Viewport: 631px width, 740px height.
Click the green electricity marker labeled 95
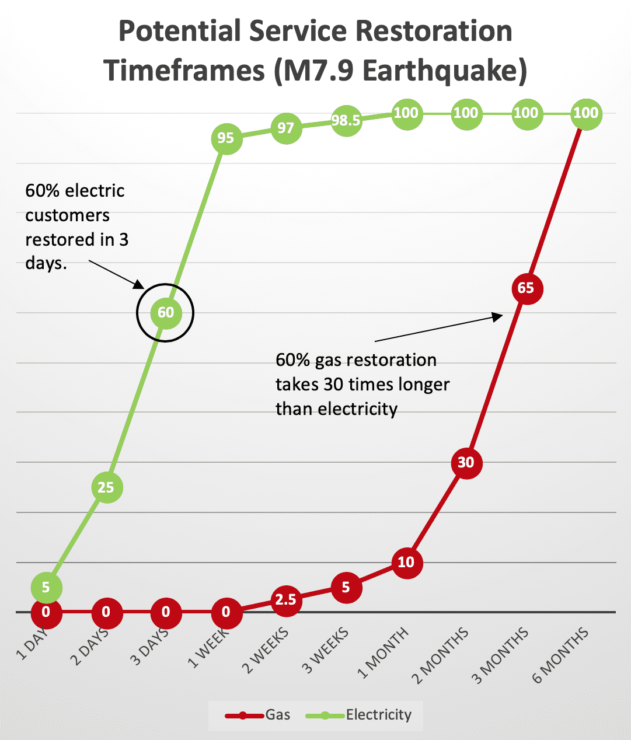(226, 138)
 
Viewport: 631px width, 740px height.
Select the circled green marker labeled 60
(166, 313)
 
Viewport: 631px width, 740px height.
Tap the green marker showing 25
(106, 487)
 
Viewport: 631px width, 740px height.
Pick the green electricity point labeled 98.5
(346, 121)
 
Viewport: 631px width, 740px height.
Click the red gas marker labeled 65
(527, 288)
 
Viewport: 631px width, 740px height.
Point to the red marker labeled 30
(466, 463)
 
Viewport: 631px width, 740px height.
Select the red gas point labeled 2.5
(286, 600)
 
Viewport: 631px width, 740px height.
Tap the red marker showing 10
(406, 563)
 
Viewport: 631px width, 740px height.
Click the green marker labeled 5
(46, 588)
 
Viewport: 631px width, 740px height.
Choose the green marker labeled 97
(286, 128)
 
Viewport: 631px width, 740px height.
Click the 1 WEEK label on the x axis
(208, 648)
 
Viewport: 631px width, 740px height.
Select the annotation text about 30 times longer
(362, 385)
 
